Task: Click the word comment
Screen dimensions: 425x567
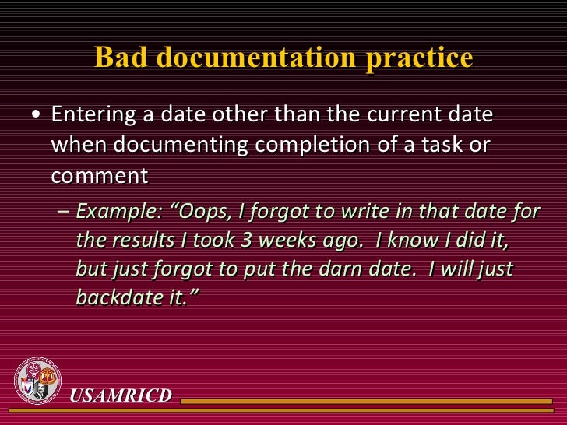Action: pos(99,175)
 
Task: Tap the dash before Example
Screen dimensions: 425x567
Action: pos(64,211)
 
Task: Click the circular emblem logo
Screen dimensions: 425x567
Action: pos(37,381)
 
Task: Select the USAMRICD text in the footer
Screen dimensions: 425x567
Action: pos(121,395)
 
